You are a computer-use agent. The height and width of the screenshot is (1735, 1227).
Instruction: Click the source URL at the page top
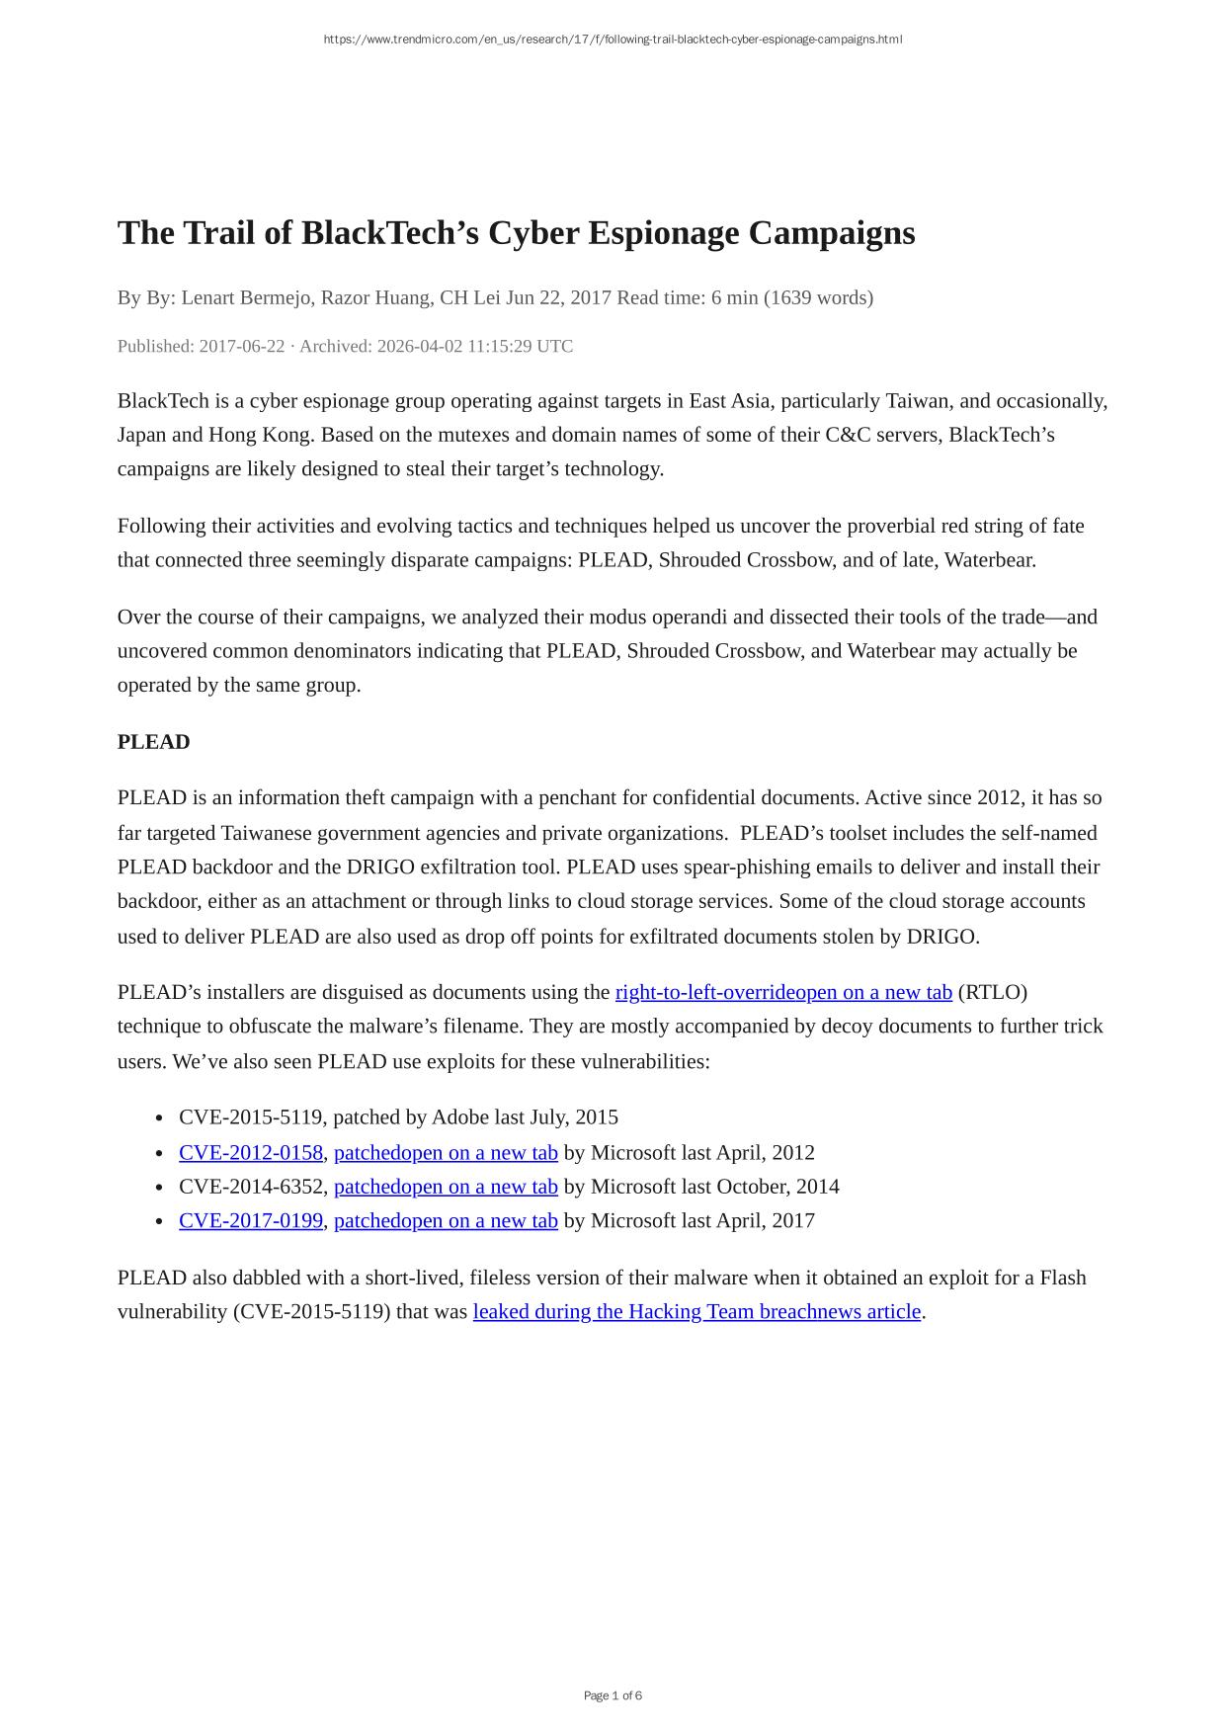pos(613,40)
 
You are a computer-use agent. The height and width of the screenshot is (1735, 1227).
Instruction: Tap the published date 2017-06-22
pos(241,346)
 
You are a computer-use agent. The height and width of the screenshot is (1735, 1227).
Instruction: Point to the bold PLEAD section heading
pos(153,742)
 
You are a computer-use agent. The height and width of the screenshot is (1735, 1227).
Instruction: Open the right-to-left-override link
pos(782,992)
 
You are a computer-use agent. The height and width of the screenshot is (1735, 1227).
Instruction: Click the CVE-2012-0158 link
pos(251,1152)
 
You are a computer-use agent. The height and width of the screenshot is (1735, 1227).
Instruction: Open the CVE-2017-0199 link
pos(251,1220)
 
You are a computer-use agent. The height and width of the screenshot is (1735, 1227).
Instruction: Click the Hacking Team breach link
pos(696,1311)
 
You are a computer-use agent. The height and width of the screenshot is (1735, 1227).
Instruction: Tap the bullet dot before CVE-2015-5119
pos(159,1118)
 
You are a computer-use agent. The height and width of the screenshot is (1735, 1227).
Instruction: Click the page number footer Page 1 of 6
pos(613,1695)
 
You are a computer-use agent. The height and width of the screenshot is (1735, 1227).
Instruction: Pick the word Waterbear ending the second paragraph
pos(989,560)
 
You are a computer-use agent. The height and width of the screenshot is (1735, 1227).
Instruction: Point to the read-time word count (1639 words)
pos(818,297)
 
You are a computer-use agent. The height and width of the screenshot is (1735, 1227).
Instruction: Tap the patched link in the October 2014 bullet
pos(446,1187)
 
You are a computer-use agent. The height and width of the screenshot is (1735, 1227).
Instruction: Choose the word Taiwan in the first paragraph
pos(921,401)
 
